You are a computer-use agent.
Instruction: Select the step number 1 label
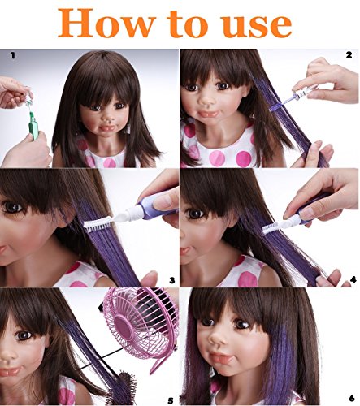tap(11, 55)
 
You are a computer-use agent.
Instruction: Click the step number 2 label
tap(349, 55)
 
